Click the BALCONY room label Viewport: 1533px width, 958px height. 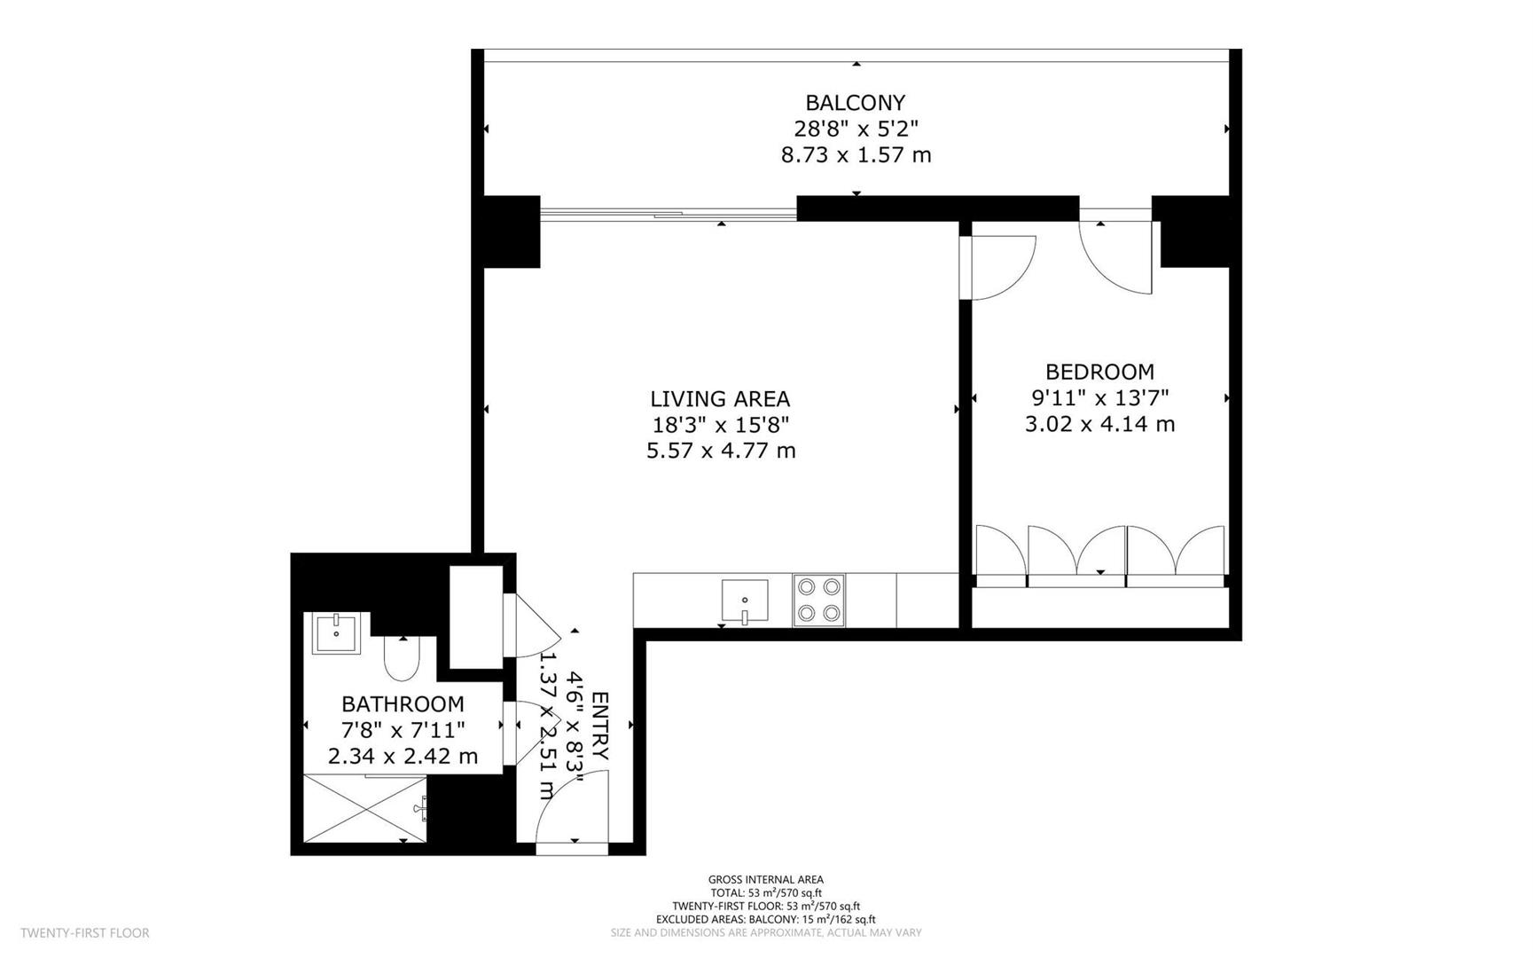855,103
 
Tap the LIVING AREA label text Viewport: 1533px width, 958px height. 720,399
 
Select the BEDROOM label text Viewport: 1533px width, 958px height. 1099,372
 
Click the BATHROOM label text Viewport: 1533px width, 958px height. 403,704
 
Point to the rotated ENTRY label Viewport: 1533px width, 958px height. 600,725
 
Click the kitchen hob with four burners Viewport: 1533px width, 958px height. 818,601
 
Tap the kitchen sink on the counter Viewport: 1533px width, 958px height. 745,601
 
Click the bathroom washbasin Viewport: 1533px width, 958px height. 337,634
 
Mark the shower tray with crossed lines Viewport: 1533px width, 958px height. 365,808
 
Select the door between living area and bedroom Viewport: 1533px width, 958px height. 1002,267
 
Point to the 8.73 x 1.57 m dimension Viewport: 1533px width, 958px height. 855,155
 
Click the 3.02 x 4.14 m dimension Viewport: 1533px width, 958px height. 1099,424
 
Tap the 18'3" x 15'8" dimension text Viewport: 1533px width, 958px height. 720,425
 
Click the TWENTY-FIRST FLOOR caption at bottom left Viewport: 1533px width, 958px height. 85,933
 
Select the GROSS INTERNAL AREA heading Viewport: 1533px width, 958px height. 765,880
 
